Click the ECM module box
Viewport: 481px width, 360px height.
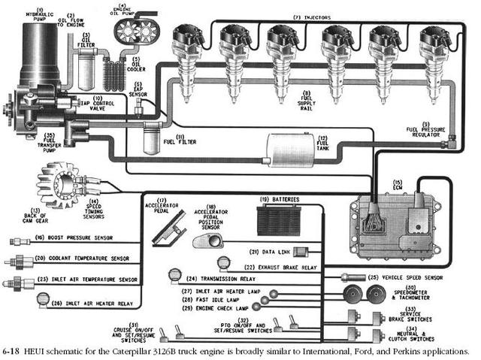[x=395, y=219]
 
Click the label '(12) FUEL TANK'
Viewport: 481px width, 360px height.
[x=323, y=144]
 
